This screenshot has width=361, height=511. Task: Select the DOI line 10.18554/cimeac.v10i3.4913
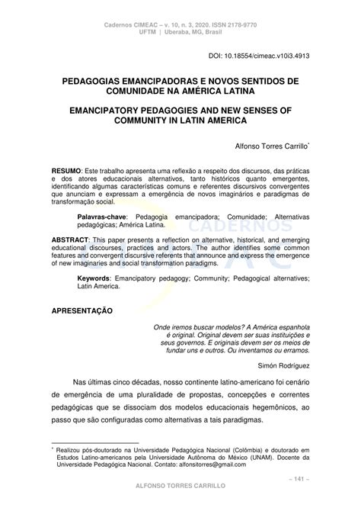coord(259,56)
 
